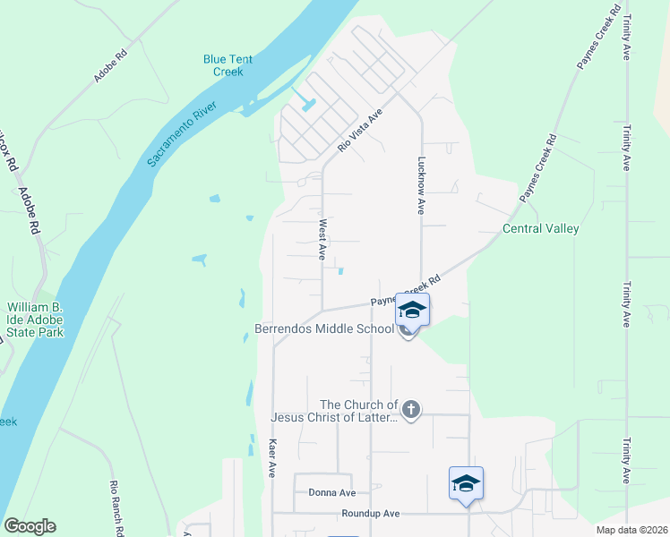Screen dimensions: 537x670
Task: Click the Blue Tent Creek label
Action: [x=228, y=65]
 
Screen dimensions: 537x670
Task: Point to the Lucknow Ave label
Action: [x=421, y=186]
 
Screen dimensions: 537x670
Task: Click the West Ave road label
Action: [x=322, y=239]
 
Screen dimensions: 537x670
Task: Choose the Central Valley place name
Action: [x=540, y=228]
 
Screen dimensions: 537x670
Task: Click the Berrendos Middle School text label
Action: [x=324, y=328]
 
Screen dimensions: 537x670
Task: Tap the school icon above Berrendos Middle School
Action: [x=412, y=310]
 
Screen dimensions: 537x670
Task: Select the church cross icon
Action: [x=411, y=410]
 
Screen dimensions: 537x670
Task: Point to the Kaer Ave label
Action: [x=272, y=456]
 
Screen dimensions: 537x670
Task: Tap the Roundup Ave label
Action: [x=370, y=514]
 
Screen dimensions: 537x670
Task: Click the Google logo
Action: [x=30, y=526]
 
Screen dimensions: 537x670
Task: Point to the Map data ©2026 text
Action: [x=631, y=530]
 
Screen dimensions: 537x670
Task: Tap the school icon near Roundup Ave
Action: [x=466, y=483]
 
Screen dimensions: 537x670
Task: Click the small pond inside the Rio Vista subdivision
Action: [x=310, y=104]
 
